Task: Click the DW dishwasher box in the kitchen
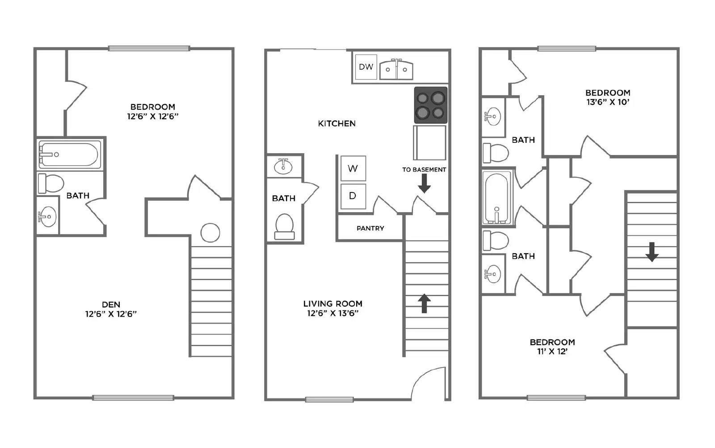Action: [366, 67]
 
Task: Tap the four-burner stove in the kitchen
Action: [430, 105]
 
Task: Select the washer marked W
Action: [353, 168]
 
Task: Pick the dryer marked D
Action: [353, 196]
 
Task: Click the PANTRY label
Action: [370, 228]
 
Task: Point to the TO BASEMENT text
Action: [424, 170]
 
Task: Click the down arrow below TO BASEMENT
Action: [424, 183]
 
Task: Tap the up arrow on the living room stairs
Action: [424, 303]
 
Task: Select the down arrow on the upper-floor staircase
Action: [652, 252]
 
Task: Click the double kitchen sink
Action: [396, 70]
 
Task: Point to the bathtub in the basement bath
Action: [68, 155]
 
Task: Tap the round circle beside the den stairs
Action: [210, 233]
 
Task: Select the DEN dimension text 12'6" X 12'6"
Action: [111, 314]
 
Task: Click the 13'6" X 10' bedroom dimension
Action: [608, 102]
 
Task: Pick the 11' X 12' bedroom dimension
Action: [552, 352]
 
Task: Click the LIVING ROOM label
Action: [332, 304]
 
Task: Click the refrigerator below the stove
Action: [429, 142]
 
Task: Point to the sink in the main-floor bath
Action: [283, 166]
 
